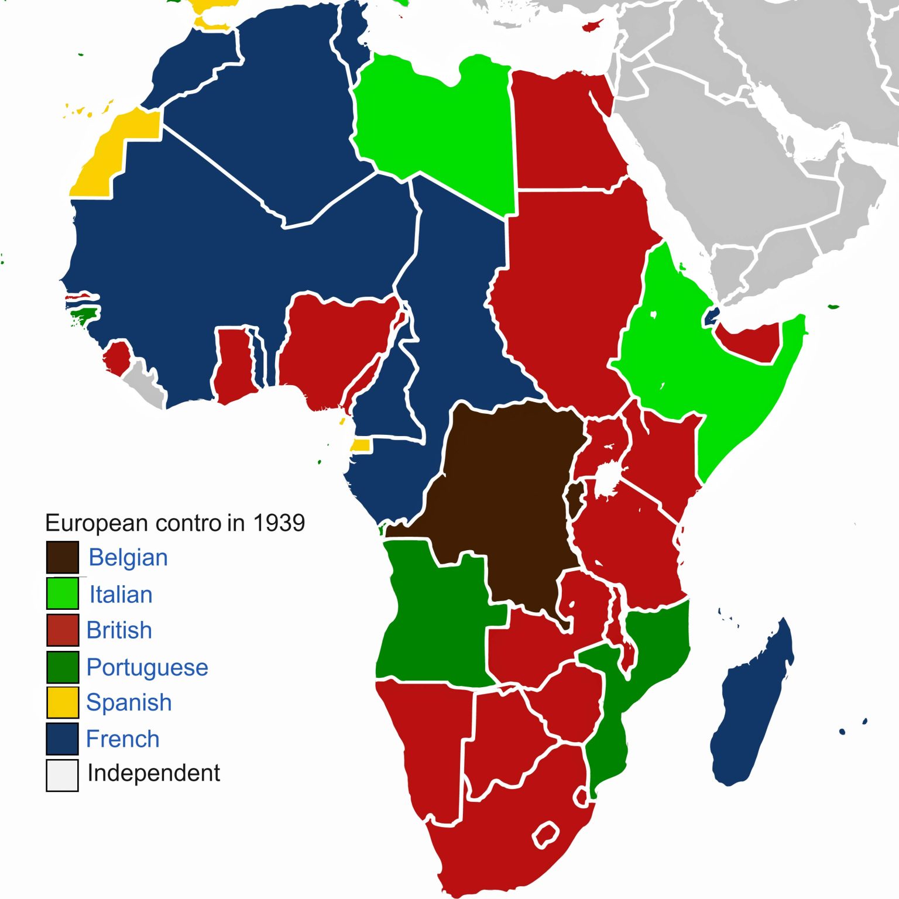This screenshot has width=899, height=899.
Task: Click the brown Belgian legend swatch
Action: pyautogui.click(x=63, y=557)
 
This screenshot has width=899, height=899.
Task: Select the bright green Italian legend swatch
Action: pyautogui.click(x=63, y=593)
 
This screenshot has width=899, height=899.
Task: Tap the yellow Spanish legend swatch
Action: pyautogui.click(x=63, y=702)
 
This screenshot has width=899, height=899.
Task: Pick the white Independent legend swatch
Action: pyautogui.click(x=63, y=775)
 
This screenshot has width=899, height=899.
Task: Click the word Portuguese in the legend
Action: pyautogui.click(x=147, y=667)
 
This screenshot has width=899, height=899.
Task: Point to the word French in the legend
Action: pyautogui.click(x=122, y=739)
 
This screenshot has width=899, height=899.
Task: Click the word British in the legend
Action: pyautogui.click(x=119, y=630)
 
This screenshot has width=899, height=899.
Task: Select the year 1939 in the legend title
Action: pyautogui.click(x=279, y=523)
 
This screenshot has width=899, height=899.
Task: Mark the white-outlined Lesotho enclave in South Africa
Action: pyautogui.click(x=546, y=835)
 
